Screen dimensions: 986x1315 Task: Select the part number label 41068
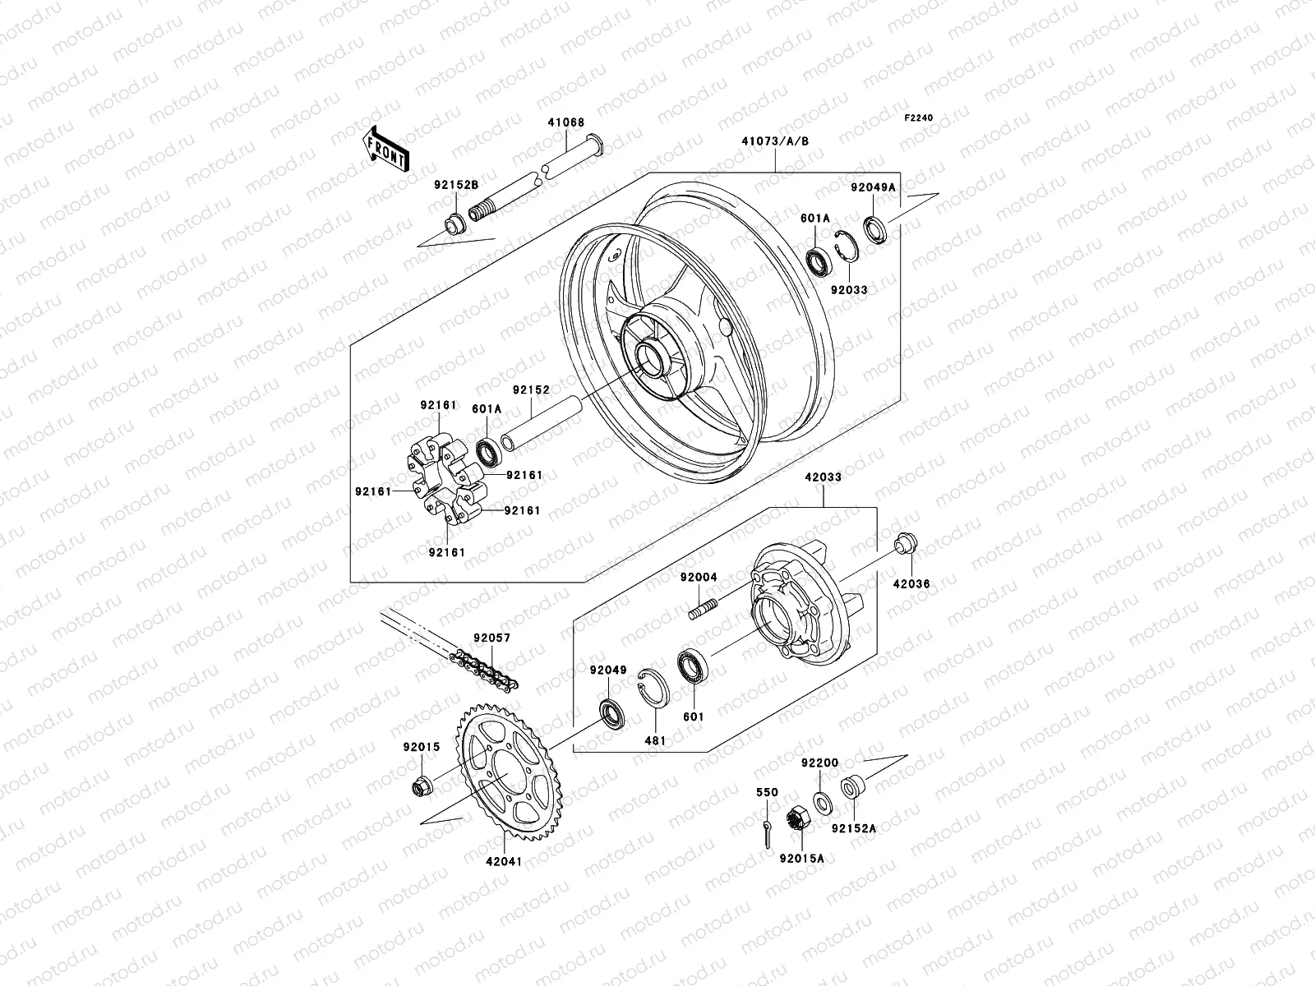click(566, 123)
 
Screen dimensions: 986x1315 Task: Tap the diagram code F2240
click(919, 118)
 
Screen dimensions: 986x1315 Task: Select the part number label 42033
click(823, 477)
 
